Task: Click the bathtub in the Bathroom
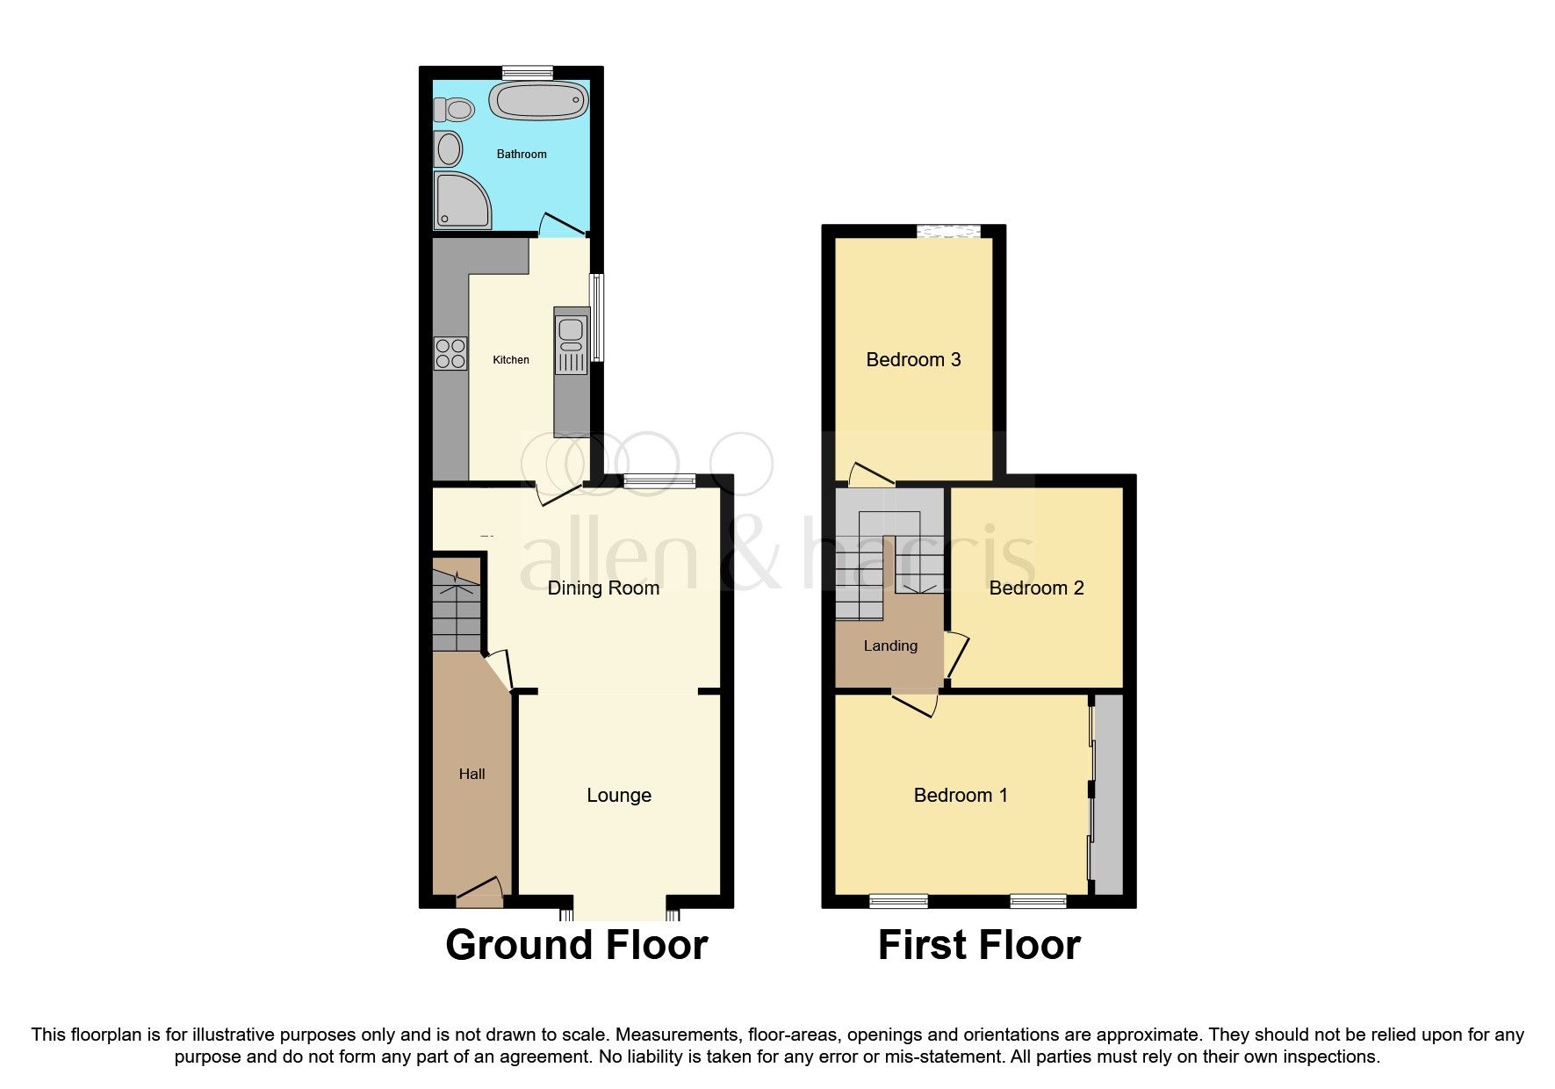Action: (x=538, y=101)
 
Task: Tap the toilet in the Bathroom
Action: (x=453, y=110)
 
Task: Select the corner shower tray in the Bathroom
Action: (x=462, y=199)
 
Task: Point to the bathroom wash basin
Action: (x=448, y=148)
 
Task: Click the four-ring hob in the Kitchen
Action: (x=450, y=353)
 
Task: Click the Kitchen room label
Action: (x=511, y=360)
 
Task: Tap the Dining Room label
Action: (x=603, y=588)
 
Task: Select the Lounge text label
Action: (x=619, y=796)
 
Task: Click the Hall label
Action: (x=472, y=775)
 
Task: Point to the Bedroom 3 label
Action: (x=913, y=360)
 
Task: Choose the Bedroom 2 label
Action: (x=1036, y=588)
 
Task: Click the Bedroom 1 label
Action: (x=961, y=796)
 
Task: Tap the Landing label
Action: (x=890, y=646)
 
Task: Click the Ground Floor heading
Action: (x=576, y=946)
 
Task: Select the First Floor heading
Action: (x=978, y=946)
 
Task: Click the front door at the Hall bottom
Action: (x=479, y=894)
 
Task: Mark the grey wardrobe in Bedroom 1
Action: (x=1108, y=795)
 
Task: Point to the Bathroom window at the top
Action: (x=528, y=72)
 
